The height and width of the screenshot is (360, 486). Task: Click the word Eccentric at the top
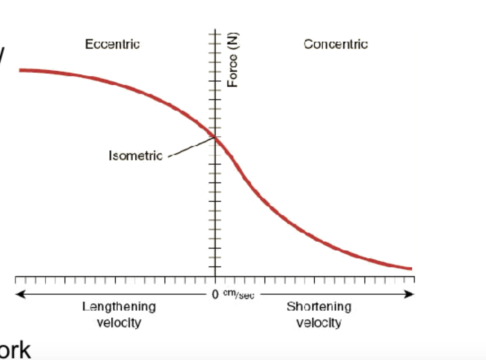(x=112, y=44)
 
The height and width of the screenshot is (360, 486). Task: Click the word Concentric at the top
(x=335, y=44)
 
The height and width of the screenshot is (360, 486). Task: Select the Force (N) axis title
(x=232, y=60)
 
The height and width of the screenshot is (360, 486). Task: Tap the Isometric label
(x=135, y=156)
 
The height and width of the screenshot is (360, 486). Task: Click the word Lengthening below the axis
(x=119, y=306)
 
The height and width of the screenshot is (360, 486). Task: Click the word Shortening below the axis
(x=319, y=306)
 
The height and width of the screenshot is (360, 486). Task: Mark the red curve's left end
(x=20, y=70)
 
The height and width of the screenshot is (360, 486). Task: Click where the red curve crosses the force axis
(x=215, y=137)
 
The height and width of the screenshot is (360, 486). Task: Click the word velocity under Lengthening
(x=119, y=323)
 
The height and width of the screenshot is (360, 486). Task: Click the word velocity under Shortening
(x=319, y=323)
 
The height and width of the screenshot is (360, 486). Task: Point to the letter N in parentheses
(x=232, y=39)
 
